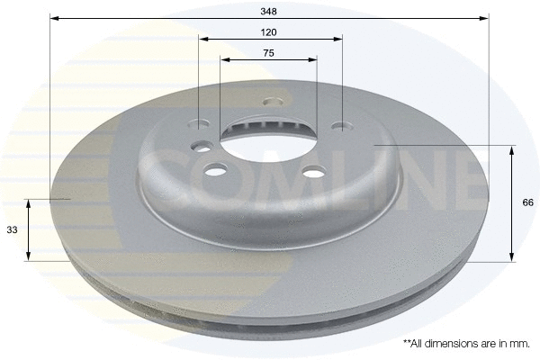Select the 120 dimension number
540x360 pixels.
(x=268, y=31)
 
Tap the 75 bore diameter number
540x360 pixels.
(x=268, y=53)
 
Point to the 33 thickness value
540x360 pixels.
(x=12, y=230)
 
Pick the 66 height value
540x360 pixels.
(x=527, y=202)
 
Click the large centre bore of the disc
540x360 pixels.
(x=268, y=144)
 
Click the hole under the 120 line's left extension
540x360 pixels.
(x=202, y=126)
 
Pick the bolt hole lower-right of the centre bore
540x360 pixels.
(x=311, y=175)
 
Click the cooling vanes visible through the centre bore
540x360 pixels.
(x=266, y=126)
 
